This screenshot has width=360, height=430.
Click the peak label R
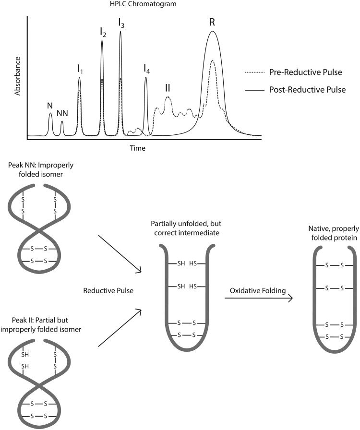pyautogui.click(x=212, y=22)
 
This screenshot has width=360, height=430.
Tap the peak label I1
pyautogui.click(x=80, y=69)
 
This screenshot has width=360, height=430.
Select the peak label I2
pyautogui.click(x=103, y=32)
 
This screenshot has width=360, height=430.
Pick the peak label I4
pyautogui.click(x=146, y=69)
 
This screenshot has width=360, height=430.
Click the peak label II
pyautogui.click(x=168, y=88)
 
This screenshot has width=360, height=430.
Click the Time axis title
pyautogui.click(x=137, y=148)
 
